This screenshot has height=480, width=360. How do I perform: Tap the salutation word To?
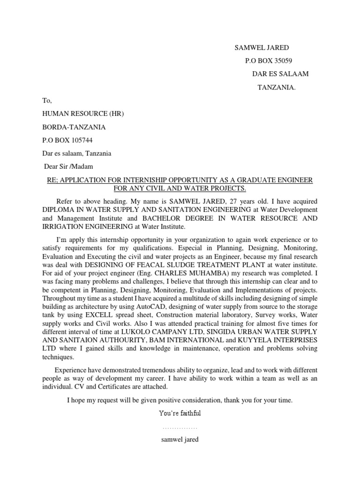pos(47,101)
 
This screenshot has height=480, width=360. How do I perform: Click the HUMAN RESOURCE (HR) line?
pos(83,114)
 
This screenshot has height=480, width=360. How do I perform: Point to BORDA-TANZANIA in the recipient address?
pos(74,127)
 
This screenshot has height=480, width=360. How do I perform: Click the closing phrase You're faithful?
pos(180,413)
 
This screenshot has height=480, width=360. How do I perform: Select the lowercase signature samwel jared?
pos(180,440)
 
